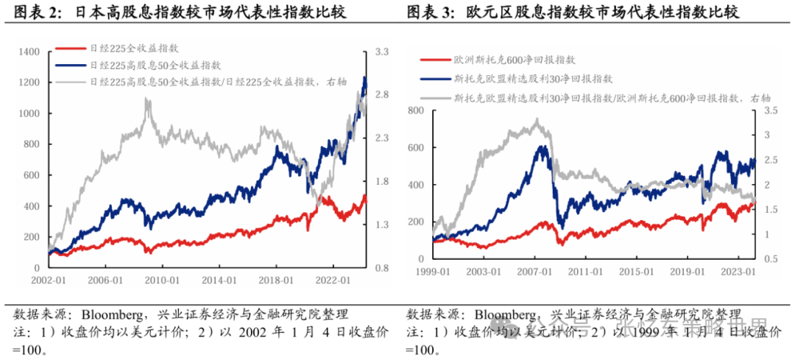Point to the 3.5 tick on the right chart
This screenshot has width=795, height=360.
(771, 110)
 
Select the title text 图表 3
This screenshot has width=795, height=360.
(429, 14)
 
